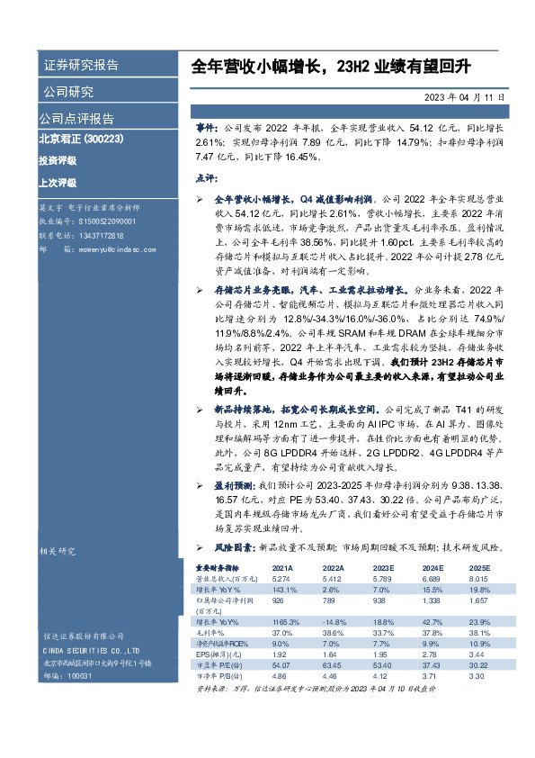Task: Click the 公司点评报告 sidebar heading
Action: point(76,118)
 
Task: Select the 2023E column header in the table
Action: point(383,569)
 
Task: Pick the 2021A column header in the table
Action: point(281,569)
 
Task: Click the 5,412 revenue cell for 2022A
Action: point(333,579)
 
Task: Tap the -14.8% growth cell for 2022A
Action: point(334,621)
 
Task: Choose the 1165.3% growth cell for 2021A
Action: point(283,621)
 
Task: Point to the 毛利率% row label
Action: point(210,631)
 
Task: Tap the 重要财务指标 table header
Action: point(217,569)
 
